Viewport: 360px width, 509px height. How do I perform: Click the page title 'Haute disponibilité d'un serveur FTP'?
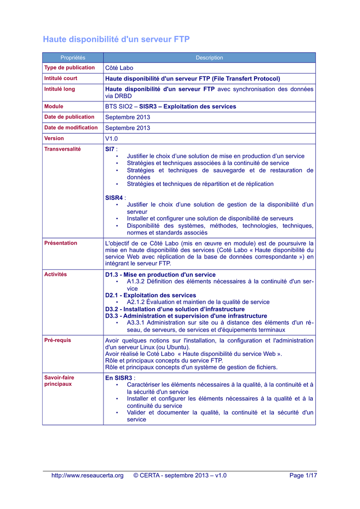click(x=116, y=39)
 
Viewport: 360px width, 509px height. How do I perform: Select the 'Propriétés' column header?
click(x=73, y=58)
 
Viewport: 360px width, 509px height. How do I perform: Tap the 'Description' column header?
click(x=209, y=58)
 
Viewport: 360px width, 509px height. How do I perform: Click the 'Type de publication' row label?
click(x=70, y=68)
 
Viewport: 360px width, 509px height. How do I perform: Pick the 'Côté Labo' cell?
click(x=119, y=68)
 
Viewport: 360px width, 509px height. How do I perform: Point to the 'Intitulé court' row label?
click(x=61, y=79)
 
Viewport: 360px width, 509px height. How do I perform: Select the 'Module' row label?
click(x=54, y=106)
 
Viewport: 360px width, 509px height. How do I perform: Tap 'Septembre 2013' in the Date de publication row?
click(x=127, y=117)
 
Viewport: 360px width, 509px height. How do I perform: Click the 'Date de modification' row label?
click(x=71, y=128)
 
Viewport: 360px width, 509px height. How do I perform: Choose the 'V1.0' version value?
click(x=112, y=139)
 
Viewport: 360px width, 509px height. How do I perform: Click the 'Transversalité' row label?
click(x=63, y=149)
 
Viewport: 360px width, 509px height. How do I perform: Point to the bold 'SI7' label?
click(x=110, y=149)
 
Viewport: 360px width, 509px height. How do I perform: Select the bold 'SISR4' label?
click(x=114, y=198)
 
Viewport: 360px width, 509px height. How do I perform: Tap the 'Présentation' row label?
click(x=61, y=243)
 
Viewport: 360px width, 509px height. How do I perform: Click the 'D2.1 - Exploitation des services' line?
click(x=151, y=295)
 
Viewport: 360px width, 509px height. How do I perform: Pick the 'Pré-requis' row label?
click(x=58, y=340)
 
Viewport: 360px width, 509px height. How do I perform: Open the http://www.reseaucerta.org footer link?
click(x=88, y=476)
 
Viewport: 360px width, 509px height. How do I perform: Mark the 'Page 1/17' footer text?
click(x=303, y=476)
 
